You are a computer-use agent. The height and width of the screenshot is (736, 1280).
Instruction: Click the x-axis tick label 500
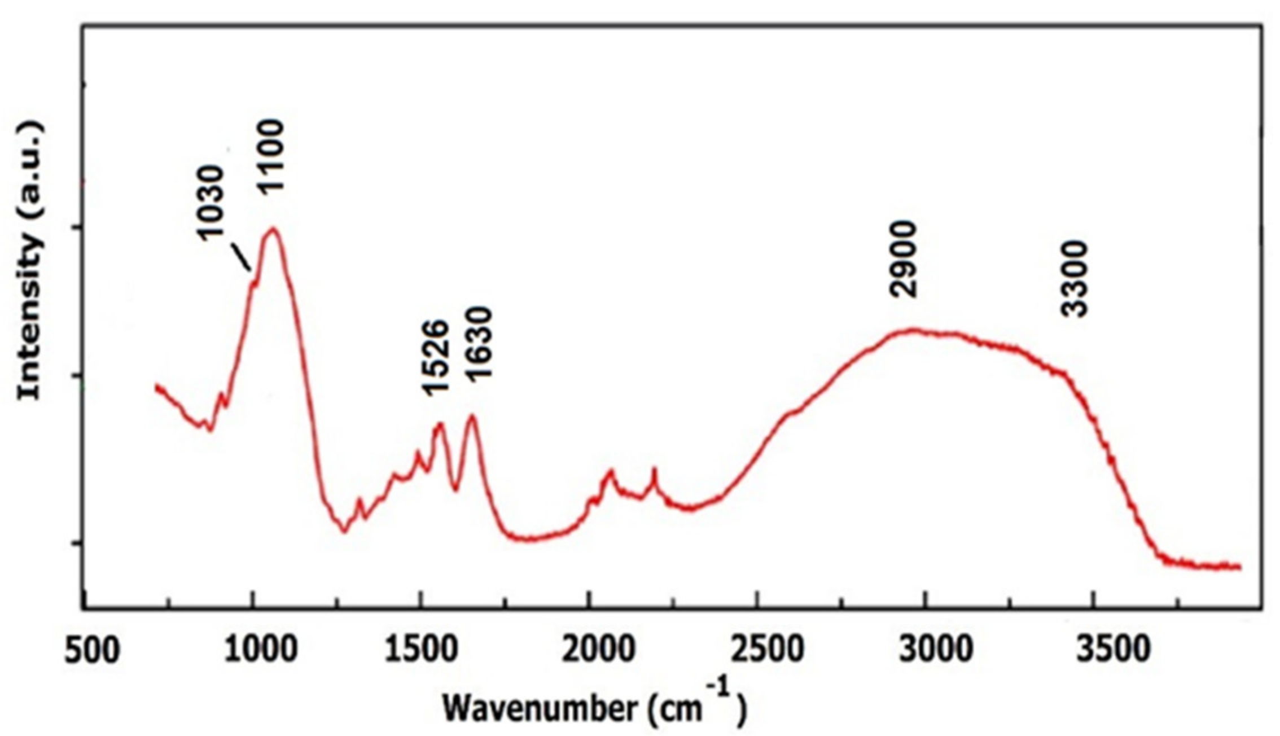(x=92, y=651)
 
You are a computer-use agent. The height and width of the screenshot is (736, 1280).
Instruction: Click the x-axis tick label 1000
(x=260, y=651)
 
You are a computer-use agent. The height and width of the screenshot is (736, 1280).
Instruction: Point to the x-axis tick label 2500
(x=767, y=651)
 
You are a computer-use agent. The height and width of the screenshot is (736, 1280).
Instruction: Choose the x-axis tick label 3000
(x=936, y=651)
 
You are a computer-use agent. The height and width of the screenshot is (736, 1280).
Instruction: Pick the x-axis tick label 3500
(x=1112, y=651)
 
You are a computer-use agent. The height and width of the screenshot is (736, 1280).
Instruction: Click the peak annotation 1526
(x=436, y=358)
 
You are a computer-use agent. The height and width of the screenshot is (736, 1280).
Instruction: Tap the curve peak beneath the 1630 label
(x=472, y=417)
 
